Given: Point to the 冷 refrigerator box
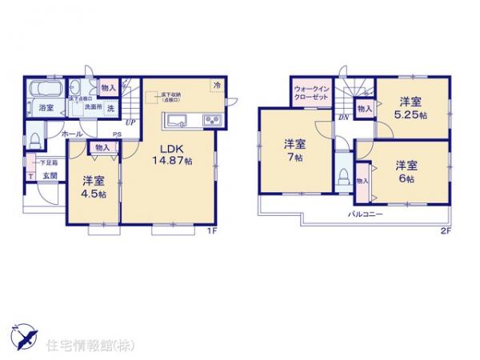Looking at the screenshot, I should click(x=218, y=85).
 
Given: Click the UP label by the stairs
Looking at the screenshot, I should click(x=130, y=122).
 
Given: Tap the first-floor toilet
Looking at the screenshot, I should click(x=34, y=141).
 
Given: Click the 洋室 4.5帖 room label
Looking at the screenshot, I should click(x=91, y=186).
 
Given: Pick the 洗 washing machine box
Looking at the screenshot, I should click(x=110, y=107).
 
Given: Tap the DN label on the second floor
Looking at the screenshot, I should click(x=342, y=118).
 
